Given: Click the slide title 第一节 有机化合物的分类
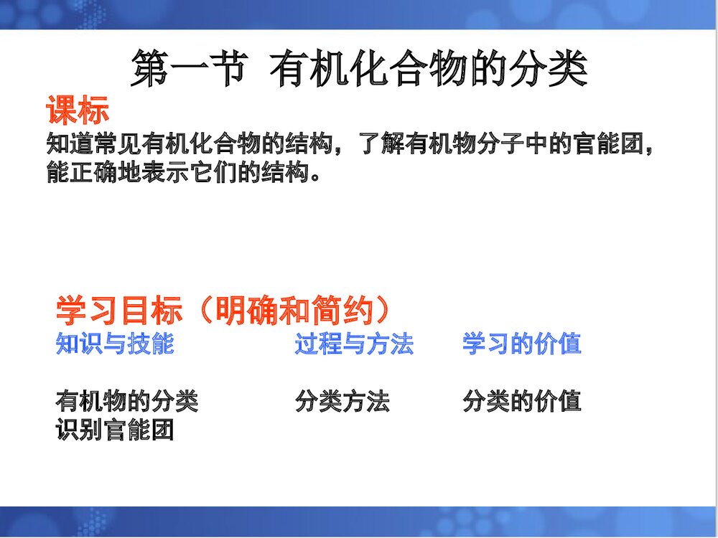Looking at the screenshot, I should coord(359,70).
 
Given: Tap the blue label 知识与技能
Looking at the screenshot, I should coord(115,344).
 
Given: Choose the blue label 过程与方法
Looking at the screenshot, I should coord(354,344).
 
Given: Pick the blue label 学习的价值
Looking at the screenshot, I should coord(522,344).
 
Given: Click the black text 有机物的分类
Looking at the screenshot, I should coord(127,401).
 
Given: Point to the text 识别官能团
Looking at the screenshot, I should coord(115,430).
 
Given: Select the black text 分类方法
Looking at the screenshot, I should coord(342,401).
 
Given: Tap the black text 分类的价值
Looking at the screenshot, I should coord(522,401).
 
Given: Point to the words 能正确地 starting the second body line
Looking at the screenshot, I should coord(93,173).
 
